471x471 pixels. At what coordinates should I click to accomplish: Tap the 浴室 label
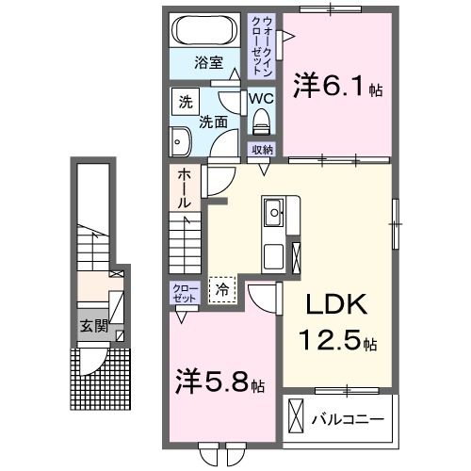[208, 63]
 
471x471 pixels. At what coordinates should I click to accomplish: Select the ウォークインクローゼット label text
[261, 44]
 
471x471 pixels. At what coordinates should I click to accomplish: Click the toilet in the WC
[261, 120]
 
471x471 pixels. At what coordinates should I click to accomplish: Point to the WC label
[261, 97]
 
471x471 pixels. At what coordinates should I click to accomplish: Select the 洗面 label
[213, 122]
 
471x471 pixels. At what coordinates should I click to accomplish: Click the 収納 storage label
[262, 150]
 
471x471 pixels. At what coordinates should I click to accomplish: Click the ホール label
[184, 188]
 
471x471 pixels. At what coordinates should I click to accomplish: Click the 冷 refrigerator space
[223, 289]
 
